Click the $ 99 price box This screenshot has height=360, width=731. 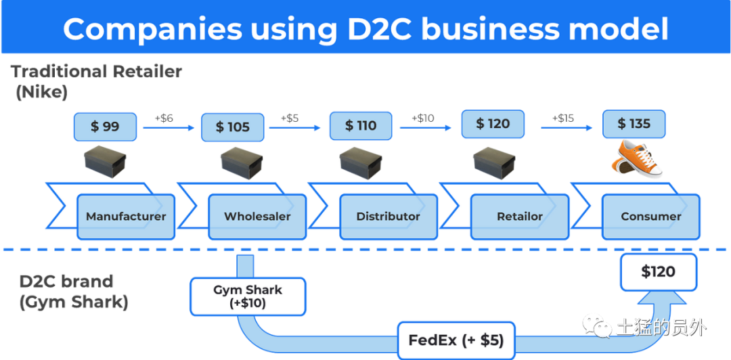105,127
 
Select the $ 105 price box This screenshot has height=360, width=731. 233,127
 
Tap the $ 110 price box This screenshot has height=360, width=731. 361,125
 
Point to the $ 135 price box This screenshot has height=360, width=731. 634,124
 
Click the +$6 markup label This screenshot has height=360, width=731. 164,118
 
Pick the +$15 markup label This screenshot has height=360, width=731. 563,118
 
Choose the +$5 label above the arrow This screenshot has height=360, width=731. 290,118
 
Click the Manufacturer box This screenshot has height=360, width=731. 126,217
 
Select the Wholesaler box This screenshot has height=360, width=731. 257,217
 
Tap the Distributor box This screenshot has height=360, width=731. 389,217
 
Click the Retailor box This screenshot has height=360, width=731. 520,217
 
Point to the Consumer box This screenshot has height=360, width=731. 651,217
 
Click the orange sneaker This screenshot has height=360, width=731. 637,159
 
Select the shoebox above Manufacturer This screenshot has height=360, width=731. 106,161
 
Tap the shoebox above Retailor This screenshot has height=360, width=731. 494,161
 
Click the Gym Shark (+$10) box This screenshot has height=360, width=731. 248,296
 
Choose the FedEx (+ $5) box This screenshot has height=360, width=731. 456,340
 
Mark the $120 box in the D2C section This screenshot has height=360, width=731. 659,272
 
